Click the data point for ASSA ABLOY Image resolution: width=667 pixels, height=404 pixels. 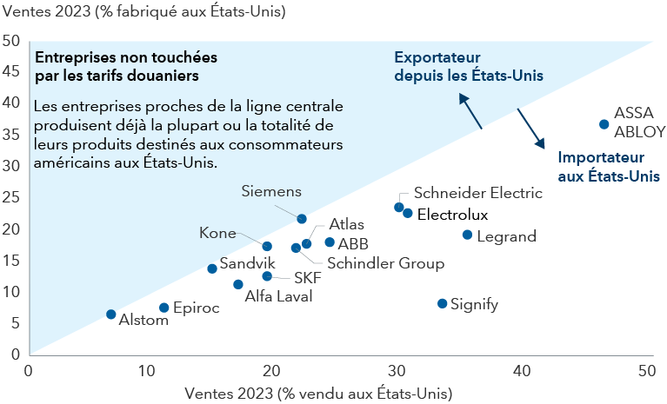(604, 124)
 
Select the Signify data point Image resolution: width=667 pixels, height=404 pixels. (442, 303)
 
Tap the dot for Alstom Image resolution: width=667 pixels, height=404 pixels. (111, 315)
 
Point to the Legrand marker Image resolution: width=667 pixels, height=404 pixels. (467, 235)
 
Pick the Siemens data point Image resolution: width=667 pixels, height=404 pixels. (302, 219)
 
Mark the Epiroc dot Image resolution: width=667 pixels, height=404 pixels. (164, 308)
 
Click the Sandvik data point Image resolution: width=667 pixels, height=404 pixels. (212, 268)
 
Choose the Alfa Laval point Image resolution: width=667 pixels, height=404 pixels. (238, 284)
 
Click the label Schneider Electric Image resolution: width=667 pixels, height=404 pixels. (477, 193)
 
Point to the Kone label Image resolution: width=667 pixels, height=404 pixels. (217, 233)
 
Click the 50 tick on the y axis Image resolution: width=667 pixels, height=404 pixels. (12, 41)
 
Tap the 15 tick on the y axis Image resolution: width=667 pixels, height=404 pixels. (12, 260)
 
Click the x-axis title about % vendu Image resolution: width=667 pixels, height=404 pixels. (318, 393)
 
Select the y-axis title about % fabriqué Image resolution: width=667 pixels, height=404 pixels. (143, 13)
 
